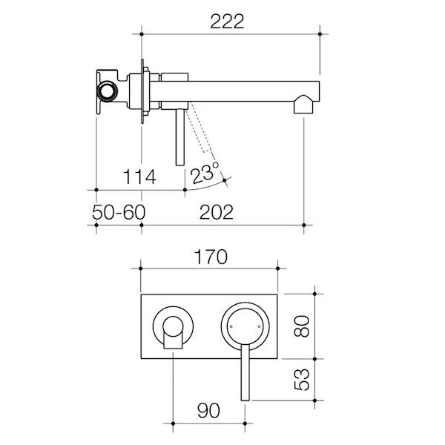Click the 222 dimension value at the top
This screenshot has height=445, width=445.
[227, 22]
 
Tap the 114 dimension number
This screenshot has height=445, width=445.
[139, 177]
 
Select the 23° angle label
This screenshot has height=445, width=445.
[205, 173]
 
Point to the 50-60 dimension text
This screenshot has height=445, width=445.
[119, 212]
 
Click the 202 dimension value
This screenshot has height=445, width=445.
[217, 212]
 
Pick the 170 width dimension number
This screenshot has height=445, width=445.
[211, 257]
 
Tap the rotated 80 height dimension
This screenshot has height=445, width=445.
[302, 326]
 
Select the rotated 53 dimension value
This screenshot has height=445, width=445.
[302, 380]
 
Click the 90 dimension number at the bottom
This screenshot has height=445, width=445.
[208, 410]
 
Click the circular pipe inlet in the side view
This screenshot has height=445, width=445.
[108, 91]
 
